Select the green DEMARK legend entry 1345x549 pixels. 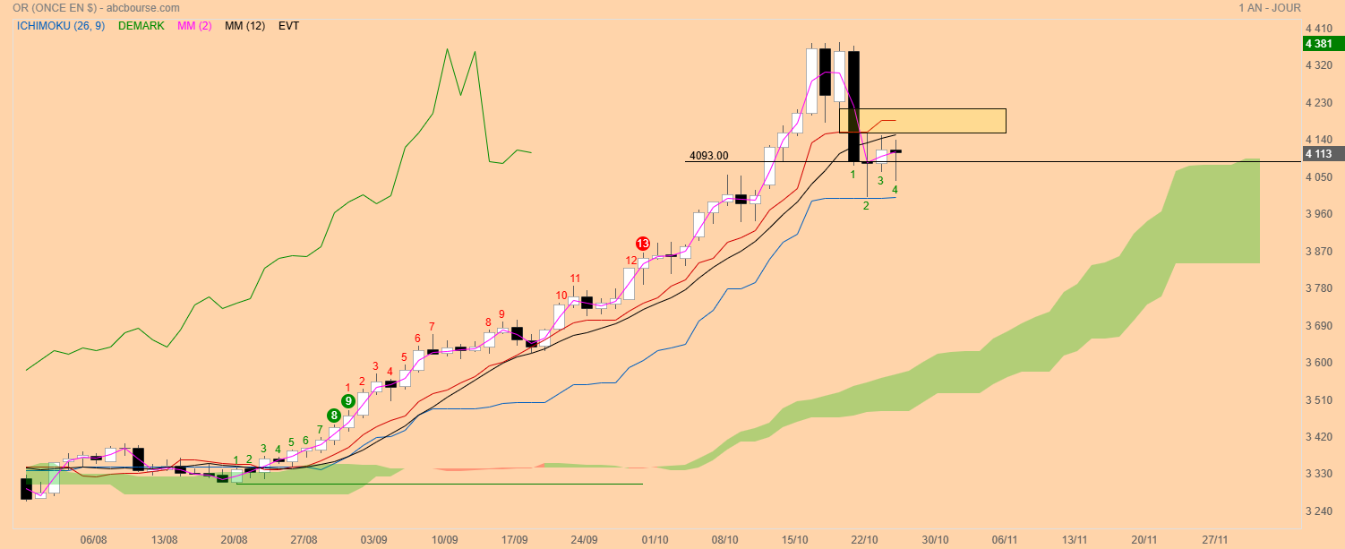pos(141,26)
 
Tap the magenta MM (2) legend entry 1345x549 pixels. pos(194,26)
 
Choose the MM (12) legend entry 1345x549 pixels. pos(244,26)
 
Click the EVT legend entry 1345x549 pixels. pos(288,26)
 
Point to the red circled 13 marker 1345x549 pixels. pos(643,244)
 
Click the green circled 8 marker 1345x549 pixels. pos(333,416)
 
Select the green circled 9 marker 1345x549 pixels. pos(347,401)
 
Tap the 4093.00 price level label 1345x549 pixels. pos(708,156)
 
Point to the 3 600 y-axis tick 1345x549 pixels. pos(1319,363)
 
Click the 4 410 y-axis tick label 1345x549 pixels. pos(1319,28)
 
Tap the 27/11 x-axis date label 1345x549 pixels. pos(1215,540)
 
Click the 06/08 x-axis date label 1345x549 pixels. pos(94,540)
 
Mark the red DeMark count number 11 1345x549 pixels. pos(575,279)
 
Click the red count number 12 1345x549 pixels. pos(631,261)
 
